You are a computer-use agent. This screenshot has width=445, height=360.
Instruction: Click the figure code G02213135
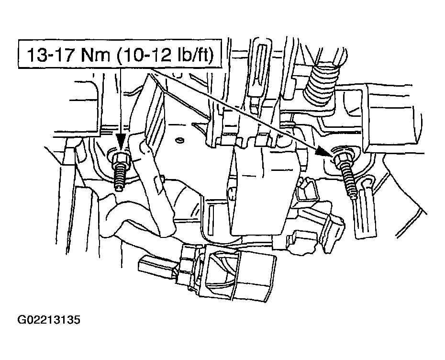point(49,320)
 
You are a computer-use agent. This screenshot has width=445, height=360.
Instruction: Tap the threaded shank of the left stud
point(120,178)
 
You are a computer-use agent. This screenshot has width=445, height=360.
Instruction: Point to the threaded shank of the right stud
point(349,182)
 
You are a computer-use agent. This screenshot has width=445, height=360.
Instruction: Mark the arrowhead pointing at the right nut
point(324,152)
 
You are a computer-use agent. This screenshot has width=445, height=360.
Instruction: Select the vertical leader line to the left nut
point(120,101)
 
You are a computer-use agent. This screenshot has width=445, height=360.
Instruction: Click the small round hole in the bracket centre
point(179,140)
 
